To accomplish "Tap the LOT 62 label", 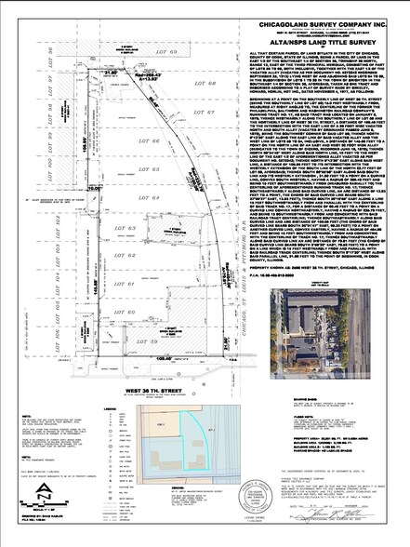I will [129, 256].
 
